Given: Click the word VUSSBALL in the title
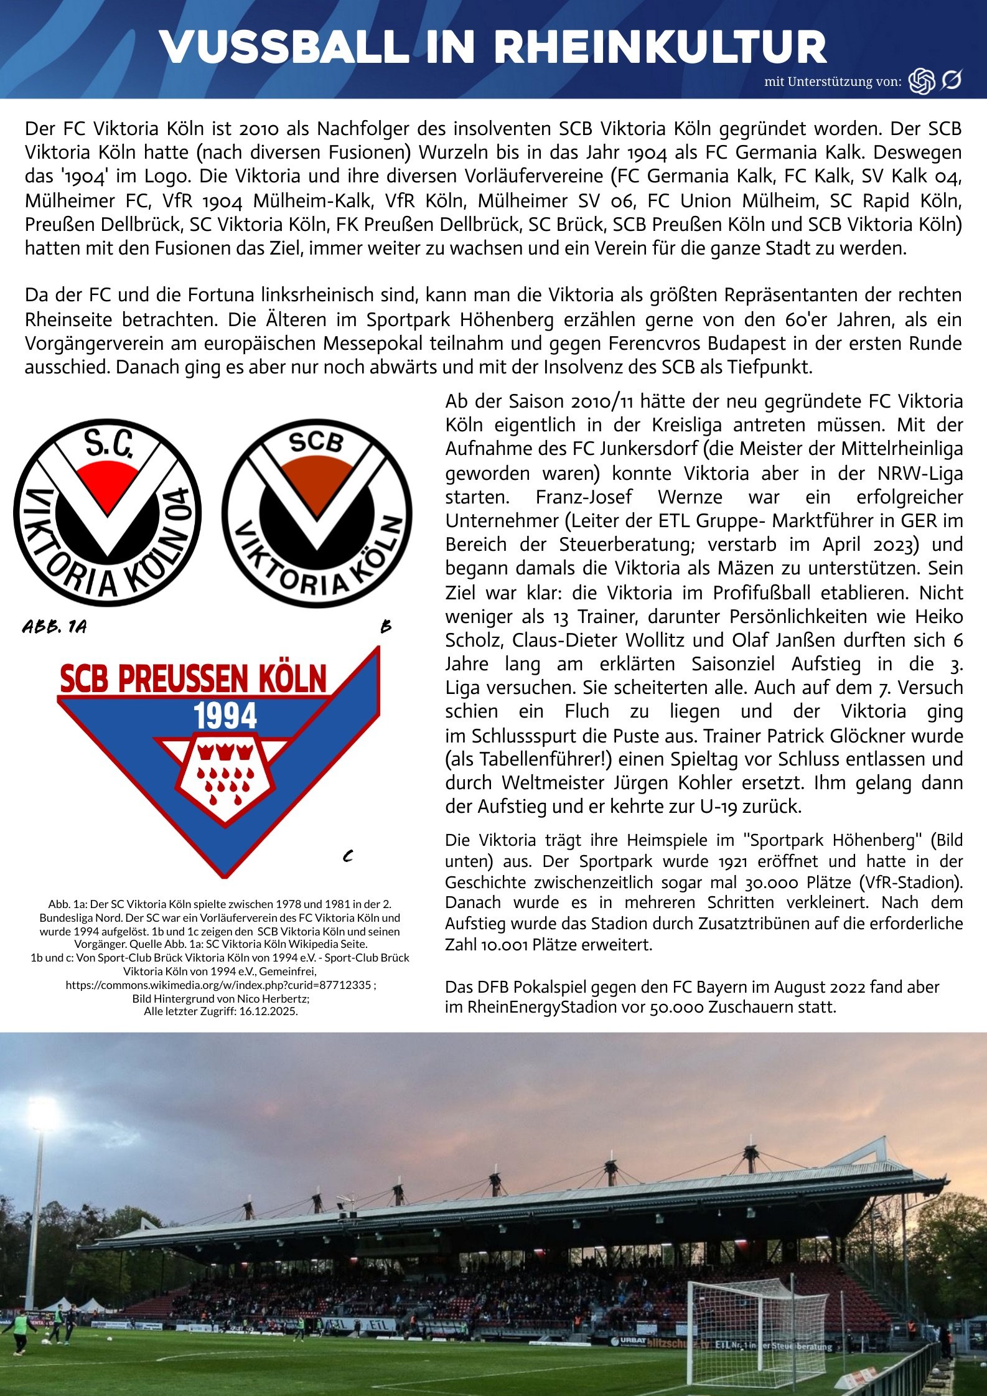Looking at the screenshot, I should coord(284,48).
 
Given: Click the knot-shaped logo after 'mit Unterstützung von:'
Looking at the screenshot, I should coord(922,81).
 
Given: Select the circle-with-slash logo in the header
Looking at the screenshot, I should coord(951,80).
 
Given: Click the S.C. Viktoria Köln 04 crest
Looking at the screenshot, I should coord(108,512).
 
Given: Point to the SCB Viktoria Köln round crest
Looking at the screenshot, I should coord(317,513).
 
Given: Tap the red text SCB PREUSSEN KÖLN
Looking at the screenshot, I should coord(193,679).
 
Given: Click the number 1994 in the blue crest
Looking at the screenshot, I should coord(225,717).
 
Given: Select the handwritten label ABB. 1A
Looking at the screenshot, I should coord(54,627).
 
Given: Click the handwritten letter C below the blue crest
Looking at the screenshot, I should coord(348,857).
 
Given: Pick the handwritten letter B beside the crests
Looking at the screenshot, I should coord(386,627).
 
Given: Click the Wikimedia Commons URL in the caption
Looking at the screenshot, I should coord(218,985).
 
